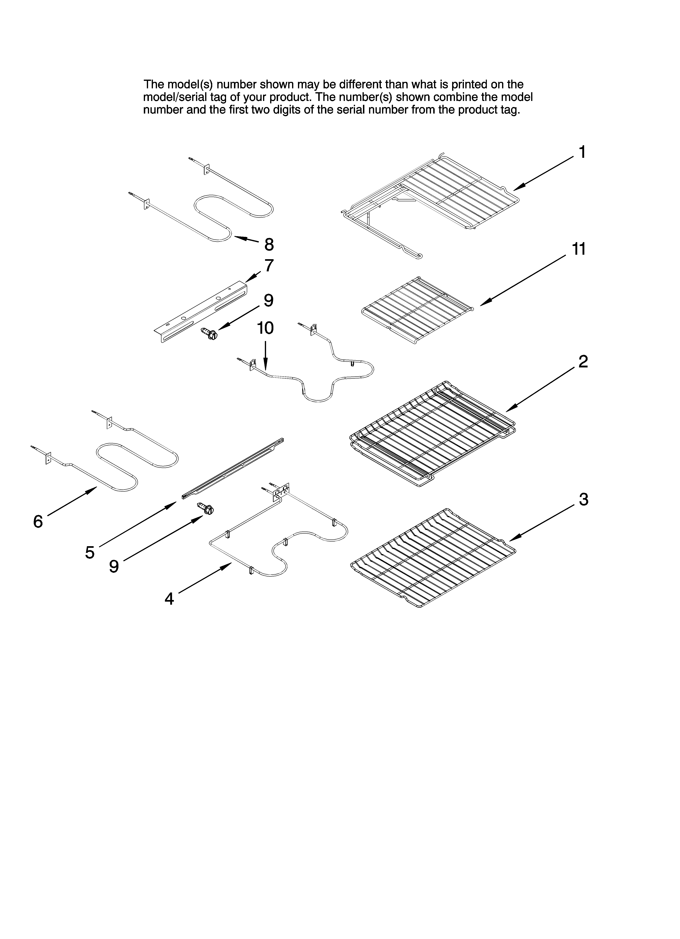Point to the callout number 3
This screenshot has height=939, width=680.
(x=583, y=500)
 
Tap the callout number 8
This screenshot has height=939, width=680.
(x=269, y=244)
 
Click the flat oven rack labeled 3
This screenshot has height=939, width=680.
(x=433, y=557)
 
